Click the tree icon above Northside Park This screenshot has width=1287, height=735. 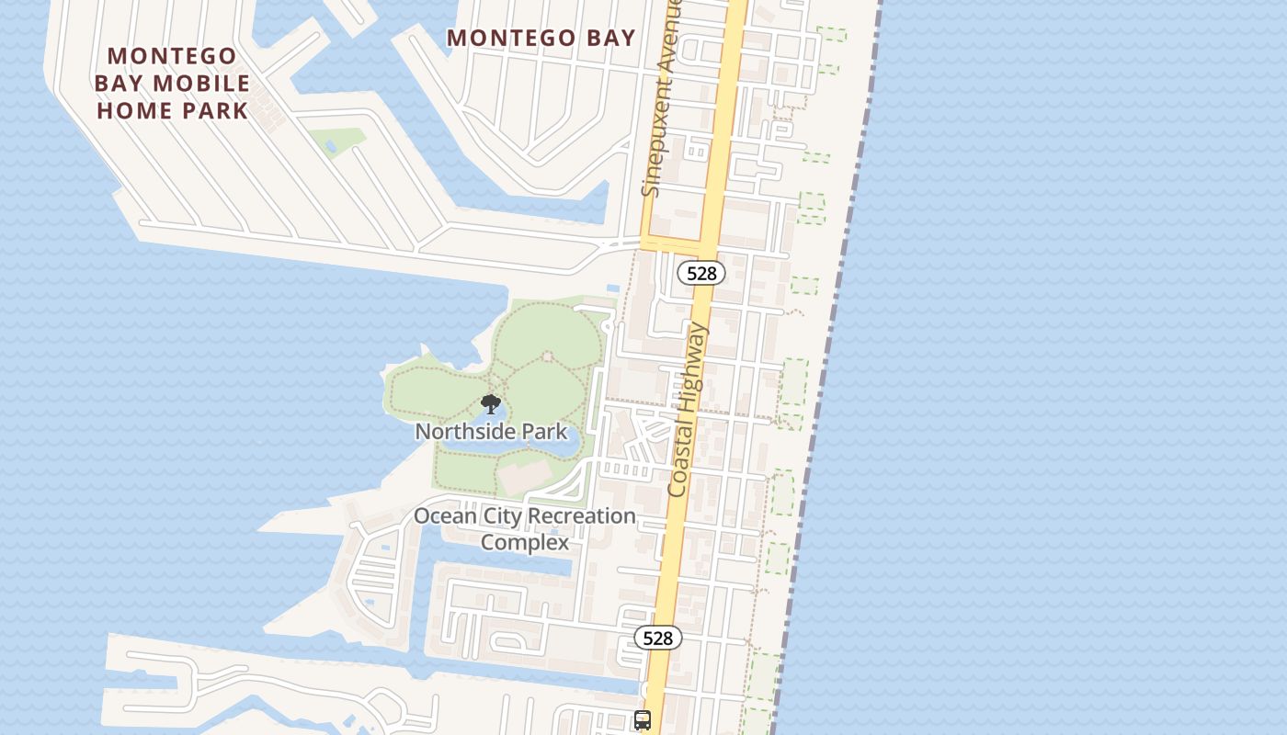[491, 404]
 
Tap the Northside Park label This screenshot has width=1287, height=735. [491, 431]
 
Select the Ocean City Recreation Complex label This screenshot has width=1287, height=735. [525, 528]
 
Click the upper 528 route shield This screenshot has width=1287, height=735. [701, 273]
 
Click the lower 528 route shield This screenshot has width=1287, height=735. [658, 638]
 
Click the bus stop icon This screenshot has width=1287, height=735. [643, 720]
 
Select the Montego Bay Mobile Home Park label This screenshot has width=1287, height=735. [172, 84]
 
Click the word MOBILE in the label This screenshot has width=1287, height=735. [201, 84]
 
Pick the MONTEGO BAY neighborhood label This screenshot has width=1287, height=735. [541, 38]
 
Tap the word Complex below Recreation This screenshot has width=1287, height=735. [525, 542]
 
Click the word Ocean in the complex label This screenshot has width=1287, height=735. [445, 515]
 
